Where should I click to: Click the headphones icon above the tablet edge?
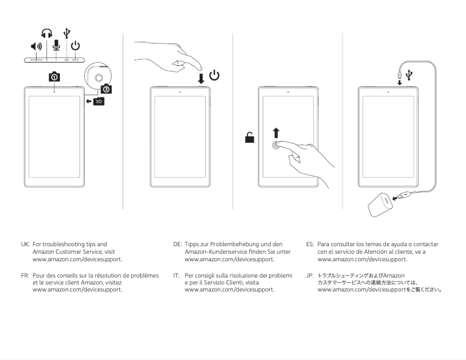tap(46, 34)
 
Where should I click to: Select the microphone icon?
tap(56, 46)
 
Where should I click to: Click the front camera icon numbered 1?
tap(53, 77)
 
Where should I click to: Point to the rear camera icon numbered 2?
tap(106, 88)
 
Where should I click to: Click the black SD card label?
tap(99, 102)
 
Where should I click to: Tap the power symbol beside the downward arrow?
tap(214, 75)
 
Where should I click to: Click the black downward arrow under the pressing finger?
tap(201, 77)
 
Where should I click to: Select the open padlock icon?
tap(249, 138)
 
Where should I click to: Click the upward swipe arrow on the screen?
tap(276, 132)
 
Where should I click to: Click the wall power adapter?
tap(381, 204)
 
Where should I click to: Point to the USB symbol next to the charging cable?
tap(410, 74)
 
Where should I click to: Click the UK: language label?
tap(25, 244)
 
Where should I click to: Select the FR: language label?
tap(25, 275)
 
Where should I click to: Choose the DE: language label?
tap(178, 244)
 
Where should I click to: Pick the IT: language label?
tap(177, 275)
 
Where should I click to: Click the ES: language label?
tap(310, 244)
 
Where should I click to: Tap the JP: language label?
tap(310, 275)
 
